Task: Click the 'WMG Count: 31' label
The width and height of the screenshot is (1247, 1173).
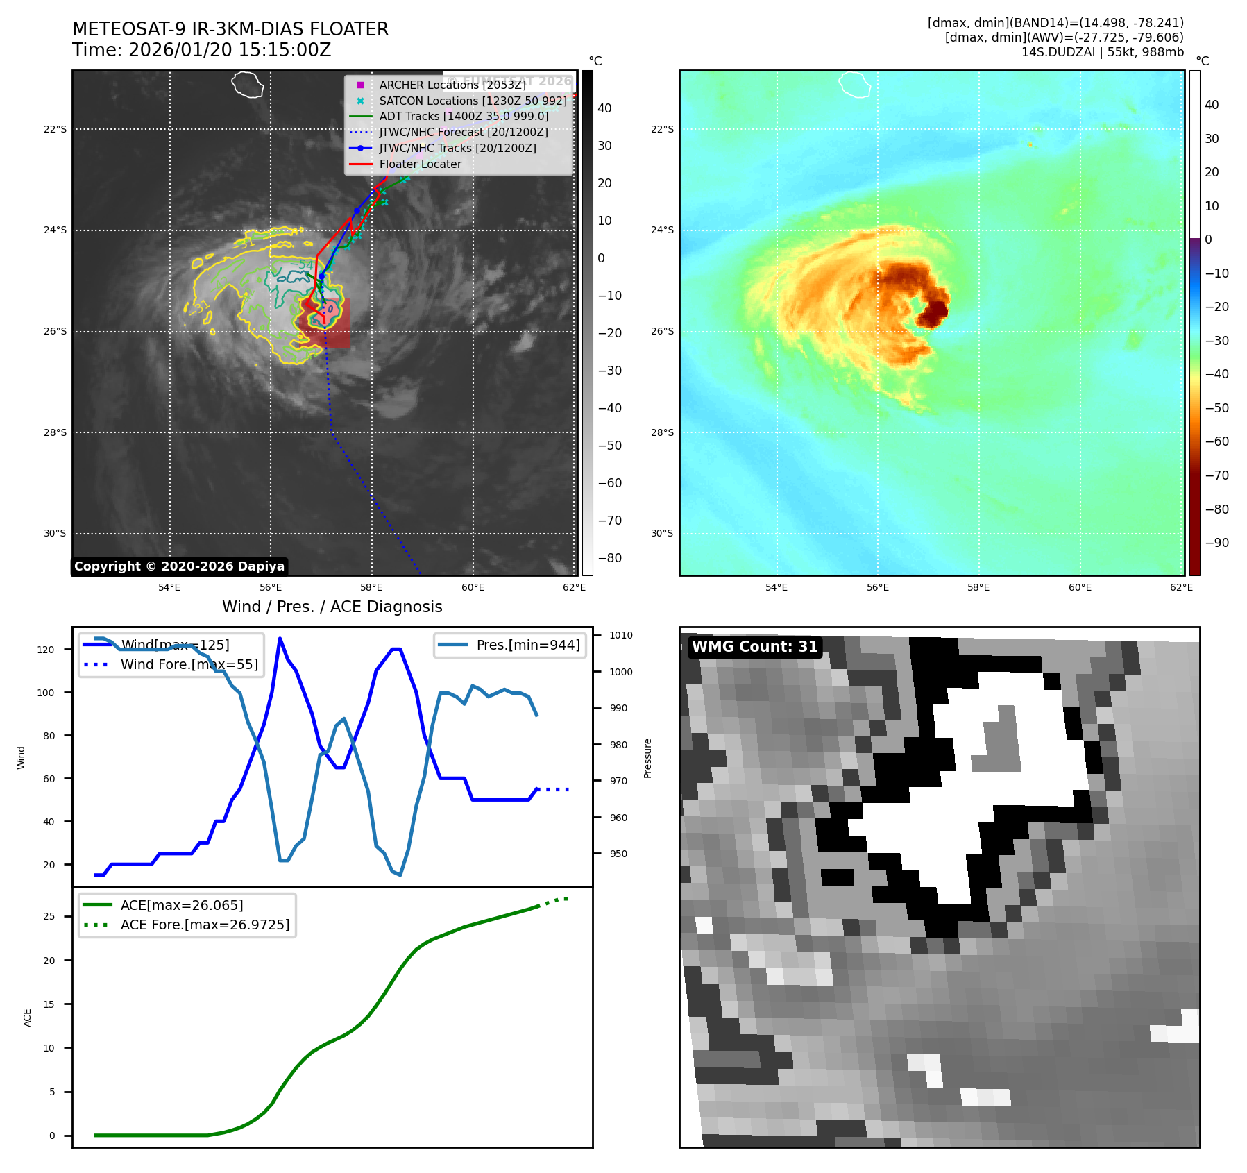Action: coord(754,647)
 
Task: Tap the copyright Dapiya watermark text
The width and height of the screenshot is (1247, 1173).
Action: coord(179,566)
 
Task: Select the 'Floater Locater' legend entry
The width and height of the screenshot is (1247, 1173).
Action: coord(420,164)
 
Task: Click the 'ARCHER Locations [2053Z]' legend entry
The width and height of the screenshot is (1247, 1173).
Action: coord(452,85)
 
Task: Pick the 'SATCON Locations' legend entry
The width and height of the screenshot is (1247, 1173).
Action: coord(473,101)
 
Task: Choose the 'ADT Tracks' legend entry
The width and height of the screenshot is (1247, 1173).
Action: coord(464,117)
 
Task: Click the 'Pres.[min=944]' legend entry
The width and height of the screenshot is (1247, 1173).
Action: coord(527,645)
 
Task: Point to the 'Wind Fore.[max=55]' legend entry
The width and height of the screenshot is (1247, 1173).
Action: coord(189,664)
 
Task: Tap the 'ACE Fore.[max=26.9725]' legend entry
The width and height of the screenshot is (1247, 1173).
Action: coord(205,925)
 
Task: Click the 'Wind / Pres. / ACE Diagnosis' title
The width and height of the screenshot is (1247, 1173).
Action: coord(332,607)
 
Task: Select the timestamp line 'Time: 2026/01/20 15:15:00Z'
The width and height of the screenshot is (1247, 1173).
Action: coord(201,50)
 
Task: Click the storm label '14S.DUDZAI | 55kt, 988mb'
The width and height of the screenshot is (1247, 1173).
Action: coord(1102,52)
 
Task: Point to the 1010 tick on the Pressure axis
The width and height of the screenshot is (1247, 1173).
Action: coord(620,635)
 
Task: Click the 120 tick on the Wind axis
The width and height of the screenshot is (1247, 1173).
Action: coord(46,650)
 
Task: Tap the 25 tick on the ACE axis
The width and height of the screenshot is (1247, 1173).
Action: coord(49,916)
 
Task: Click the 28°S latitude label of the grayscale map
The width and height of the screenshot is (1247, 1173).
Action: coord(55,432)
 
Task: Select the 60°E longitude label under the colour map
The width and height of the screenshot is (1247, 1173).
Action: coord(1080,587)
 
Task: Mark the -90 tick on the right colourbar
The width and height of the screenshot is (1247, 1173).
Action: coord(1216,543)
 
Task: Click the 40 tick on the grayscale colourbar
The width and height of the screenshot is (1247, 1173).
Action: coord(604,108)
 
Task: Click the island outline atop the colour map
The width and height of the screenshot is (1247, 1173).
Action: coord(854,84)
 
